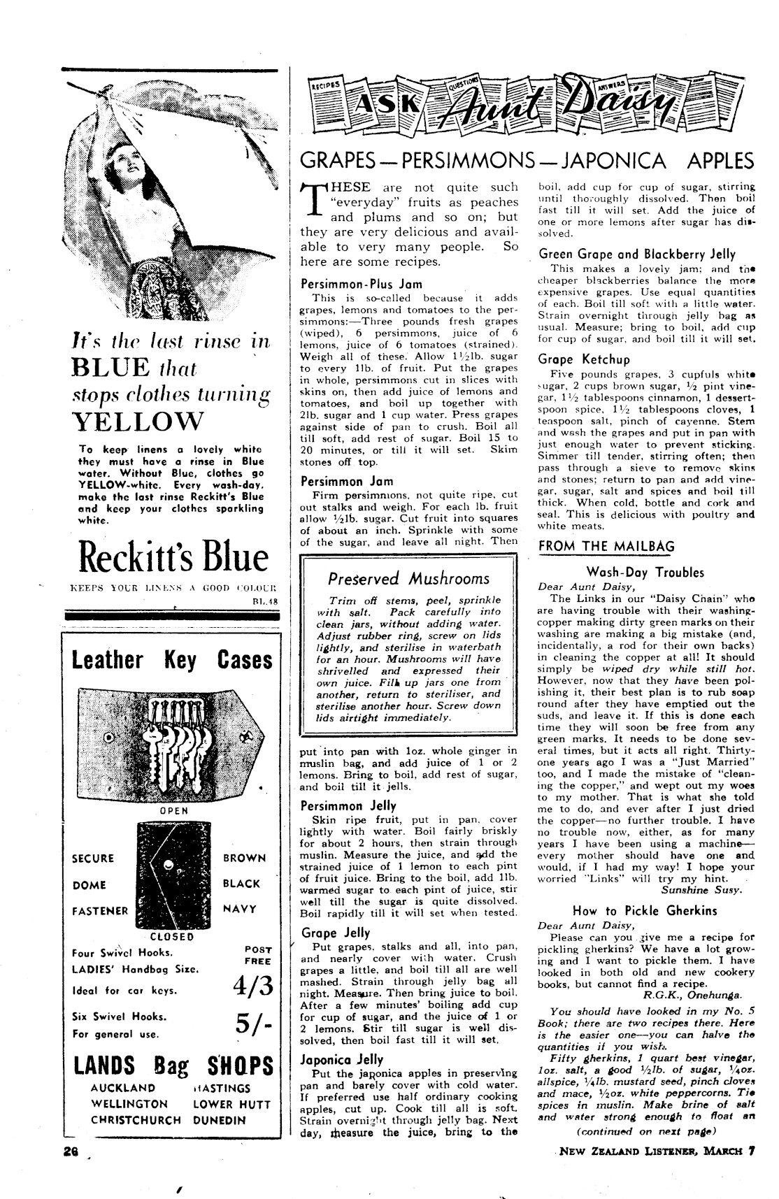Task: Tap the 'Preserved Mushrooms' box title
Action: [x=408, y=579]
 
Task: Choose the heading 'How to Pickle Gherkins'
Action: [x=645, y=910]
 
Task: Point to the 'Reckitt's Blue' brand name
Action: [x=173, y=557]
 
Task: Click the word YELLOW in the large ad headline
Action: [x=138, y=422]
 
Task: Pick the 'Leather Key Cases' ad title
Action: [x=172, y=660]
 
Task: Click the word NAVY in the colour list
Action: [x=240, y=909]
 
